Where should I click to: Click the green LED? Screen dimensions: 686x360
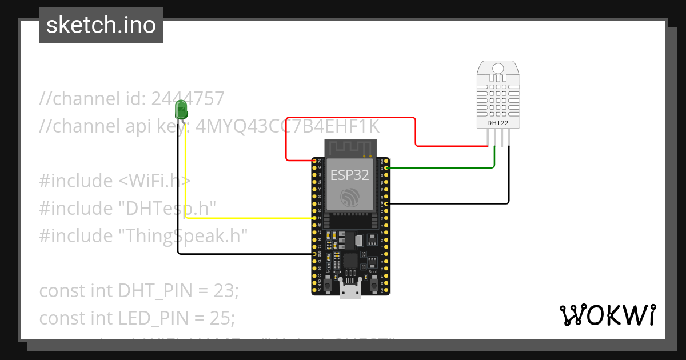point(181,109)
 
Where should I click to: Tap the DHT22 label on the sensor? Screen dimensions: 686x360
point(497,122)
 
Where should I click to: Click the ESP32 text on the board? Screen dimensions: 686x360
point(350,175)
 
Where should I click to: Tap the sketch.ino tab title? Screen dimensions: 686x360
point(101,25)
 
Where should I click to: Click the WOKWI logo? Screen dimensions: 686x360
point(607,315)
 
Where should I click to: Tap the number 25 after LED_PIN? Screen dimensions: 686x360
point(224,318)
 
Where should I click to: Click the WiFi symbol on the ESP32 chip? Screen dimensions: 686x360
point(350,197)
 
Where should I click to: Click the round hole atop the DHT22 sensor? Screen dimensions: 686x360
point(498,69)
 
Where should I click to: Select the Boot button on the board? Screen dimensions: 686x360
point(373,282)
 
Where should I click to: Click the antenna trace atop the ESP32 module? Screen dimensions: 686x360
point(350,148)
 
